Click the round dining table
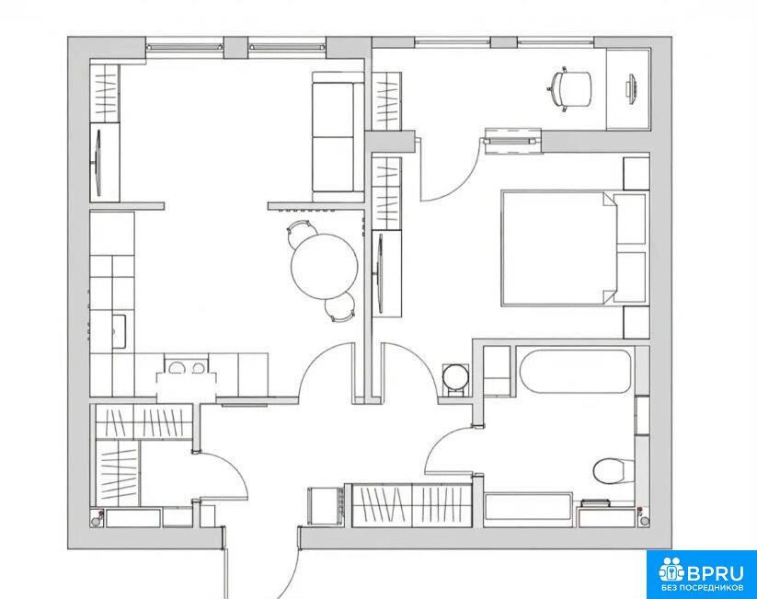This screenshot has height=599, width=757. (325, 267)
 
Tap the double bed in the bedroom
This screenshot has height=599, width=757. (574, 248)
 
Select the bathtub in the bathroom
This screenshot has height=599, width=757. (575, 371)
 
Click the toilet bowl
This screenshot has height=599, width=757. (614, 470)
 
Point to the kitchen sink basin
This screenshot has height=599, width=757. (120, 331)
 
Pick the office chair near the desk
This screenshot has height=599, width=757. (569, 89)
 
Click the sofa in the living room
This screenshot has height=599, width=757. (338, 137)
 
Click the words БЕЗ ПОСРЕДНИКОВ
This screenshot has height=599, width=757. (703, 589)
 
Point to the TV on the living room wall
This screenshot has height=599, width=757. (97, 163)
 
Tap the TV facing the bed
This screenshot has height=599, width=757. (380, 274)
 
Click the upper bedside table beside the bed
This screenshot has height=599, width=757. (637, 173)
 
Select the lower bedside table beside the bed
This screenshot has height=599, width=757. (637, 322)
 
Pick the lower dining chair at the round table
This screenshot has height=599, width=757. (340, 307)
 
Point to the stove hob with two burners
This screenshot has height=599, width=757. (186, 368)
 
